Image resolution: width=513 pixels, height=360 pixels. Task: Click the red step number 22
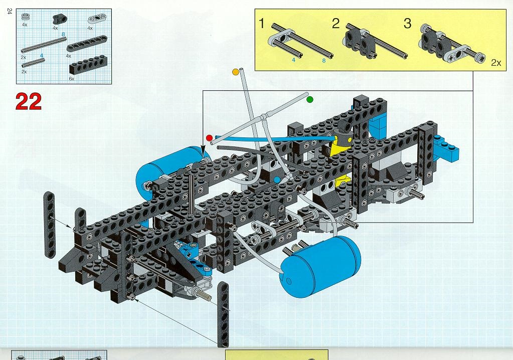click(x=29, y=101)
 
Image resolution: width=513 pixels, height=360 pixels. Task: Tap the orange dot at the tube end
click(x=235, y=72)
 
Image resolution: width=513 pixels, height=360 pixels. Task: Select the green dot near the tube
click(x=310, y=99)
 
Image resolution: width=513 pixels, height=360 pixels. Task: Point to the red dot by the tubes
click(x=210, y=138)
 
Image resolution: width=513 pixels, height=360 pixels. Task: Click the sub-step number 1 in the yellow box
click(x=261, y=24)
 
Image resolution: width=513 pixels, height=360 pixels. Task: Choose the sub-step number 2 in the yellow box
click(x=336, y=24)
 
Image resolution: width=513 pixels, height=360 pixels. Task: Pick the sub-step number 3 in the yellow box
click(x=407, y=24)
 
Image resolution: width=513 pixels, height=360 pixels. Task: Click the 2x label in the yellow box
click(x=496, y=63)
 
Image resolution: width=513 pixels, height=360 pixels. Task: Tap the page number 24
click(x=9, y=12)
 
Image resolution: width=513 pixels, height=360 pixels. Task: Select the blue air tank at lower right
click(x=320, y=266)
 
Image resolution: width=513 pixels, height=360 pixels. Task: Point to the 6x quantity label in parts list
click(x=72, y=79)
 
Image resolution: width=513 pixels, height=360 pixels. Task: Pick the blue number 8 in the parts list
click(x=63, y=34)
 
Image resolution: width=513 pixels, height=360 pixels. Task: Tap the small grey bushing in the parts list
click(x=25, y=18)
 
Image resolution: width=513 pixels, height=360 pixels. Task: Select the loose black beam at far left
click(x=50, y=225)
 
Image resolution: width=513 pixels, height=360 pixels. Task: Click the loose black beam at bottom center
click(x=223, y=314)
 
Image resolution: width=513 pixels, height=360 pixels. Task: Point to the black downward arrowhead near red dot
click(x=204, y=152)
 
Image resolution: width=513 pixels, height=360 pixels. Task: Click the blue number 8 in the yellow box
click(x=324, y=60)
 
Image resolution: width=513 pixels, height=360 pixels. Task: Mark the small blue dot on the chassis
click(x=277, y=180)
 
